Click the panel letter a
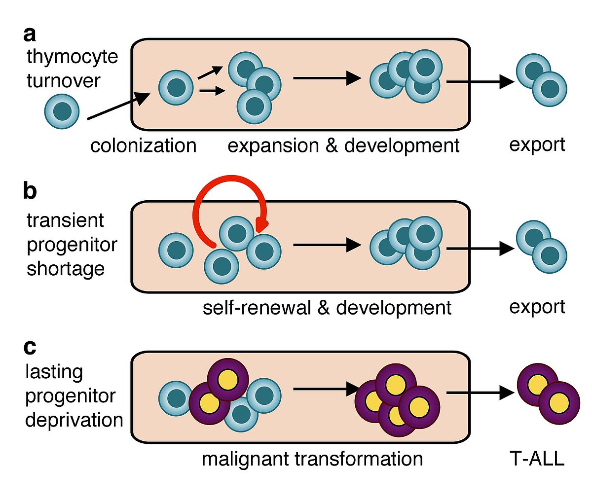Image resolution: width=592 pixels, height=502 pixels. pyautogui.click(x=30, y=35)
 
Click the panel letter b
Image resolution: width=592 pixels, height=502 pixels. pyautogui.click(x=30, y=191)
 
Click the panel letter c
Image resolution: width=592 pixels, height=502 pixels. pyautogui.click(x=30, y=347)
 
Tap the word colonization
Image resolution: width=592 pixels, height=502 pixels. pyautogui.click(x=143, y=145)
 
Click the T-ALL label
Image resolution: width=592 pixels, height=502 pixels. pyautogui.click(x=537, y=459)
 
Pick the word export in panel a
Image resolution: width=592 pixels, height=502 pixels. pyautogui.click(x=537, y=145)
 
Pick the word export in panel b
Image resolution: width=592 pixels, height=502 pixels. pyautogui.click(x=537, y=307)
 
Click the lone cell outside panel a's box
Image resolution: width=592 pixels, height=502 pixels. pyautogui.click(x=62, y=111)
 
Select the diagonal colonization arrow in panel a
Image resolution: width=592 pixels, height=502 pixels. pyautogui.click(x=118, y=106)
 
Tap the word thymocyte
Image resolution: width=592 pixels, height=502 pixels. pyautogui.click(x=73, y=57)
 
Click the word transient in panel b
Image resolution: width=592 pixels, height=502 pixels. pyautogui.click(x=65, y=220)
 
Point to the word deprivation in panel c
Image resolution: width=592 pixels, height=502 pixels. pyautogui.click(x=74, y=420)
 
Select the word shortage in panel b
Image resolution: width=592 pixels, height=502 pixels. pyautogui.click(x=66, y=269)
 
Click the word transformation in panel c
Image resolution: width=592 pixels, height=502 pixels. pyautogui.click(x=358, y=459)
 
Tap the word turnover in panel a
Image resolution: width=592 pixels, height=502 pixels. pyautogui.click(x=64, y=81)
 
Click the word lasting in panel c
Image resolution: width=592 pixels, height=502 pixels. pyautogui.click(x=54, y=372)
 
